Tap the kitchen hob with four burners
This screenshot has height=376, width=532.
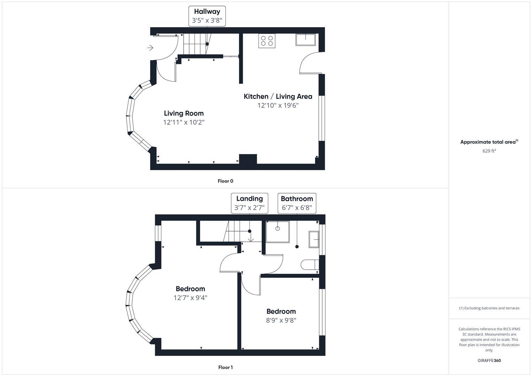tap(267, 40)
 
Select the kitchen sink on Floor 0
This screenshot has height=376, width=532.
tap(305, 40)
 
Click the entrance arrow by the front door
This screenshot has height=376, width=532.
tap(150, 48)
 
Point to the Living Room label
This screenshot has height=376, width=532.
tap(184, 113)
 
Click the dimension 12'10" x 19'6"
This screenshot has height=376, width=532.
tap(278, 105)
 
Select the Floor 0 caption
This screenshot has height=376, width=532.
tap(225, 181)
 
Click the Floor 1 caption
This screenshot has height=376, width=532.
tap(225, 367)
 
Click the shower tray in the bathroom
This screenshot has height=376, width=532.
tap(277, 232)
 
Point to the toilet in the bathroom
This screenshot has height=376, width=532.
tap(309, 265)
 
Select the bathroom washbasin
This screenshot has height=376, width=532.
tap(314, 239)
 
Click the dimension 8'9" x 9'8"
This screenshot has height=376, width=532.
tap(281, 320)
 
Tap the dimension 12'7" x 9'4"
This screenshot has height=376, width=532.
tap(190, 298)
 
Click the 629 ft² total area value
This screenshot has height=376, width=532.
tap(489, 151)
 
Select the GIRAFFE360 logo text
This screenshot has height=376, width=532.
tap(489, 360)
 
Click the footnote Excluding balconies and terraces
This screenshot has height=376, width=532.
tap(489, 308)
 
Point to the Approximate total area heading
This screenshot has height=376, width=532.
tap(489, 142)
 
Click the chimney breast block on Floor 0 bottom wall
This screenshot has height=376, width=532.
tap(248, 159)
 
